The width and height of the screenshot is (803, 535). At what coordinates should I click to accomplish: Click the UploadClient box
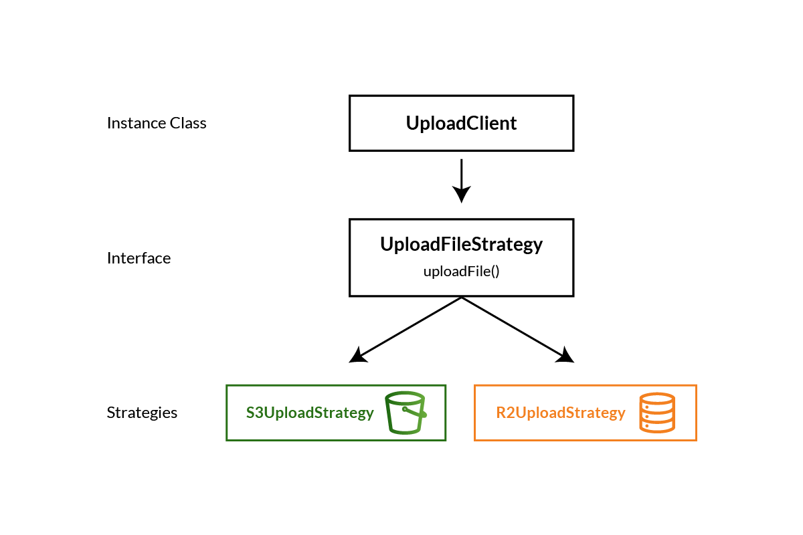[x=461, y=123]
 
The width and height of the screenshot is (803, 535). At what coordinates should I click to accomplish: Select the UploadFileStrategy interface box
[x=461, y=257]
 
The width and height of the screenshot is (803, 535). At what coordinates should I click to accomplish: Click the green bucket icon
[x=406, y=413]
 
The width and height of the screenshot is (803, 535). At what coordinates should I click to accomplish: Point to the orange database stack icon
[x=656, y=413]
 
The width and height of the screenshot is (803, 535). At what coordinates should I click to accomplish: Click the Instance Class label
[x=157, y=123]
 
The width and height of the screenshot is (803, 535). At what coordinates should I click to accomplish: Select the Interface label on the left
[x=139, y=258]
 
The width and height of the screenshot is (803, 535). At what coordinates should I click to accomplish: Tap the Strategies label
[x=142, y=413]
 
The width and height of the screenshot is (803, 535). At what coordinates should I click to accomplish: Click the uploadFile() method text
[x=461, y=272]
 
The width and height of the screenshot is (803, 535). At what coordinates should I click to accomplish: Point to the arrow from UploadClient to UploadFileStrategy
[x=461, y=175]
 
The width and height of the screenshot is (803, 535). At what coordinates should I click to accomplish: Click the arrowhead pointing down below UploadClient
[x=461, y=194]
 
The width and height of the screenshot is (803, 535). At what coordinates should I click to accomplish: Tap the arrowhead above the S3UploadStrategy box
[x=358, y=356]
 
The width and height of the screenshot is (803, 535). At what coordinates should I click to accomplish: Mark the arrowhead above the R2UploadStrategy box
[x=565, y=356]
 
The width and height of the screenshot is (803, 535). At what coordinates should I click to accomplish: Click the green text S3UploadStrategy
[x=310, y=413]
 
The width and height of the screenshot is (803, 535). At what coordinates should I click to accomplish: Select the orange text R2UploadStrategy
[x=561, y=413]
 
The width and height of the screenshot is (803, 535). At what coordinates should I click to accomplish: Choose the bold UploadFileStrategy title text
[x=461, y=245]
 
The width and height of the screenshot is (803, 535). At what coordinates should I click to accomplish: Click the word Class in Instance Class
[x=188, y=123]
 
